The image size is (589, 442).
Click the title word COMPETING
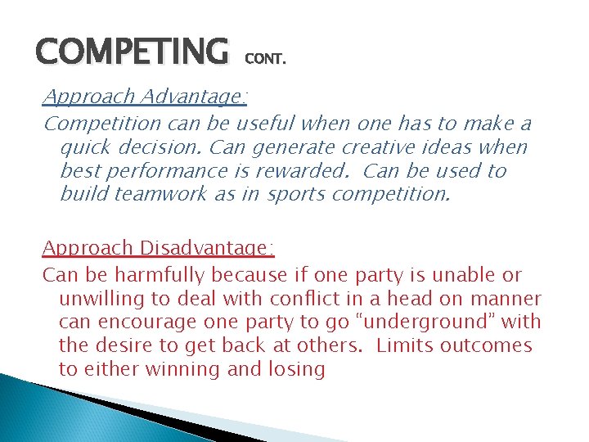coord(132,52)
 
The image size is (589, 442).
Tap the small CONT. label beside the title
coord(266,60)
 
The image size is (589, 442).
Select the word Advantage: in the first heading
coord(194,97)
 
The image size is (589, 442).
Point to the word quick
coord(89,148)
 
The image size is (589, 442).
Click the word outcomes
coord(492,345)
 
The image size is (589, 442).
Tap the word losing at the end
coord(297,369)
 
